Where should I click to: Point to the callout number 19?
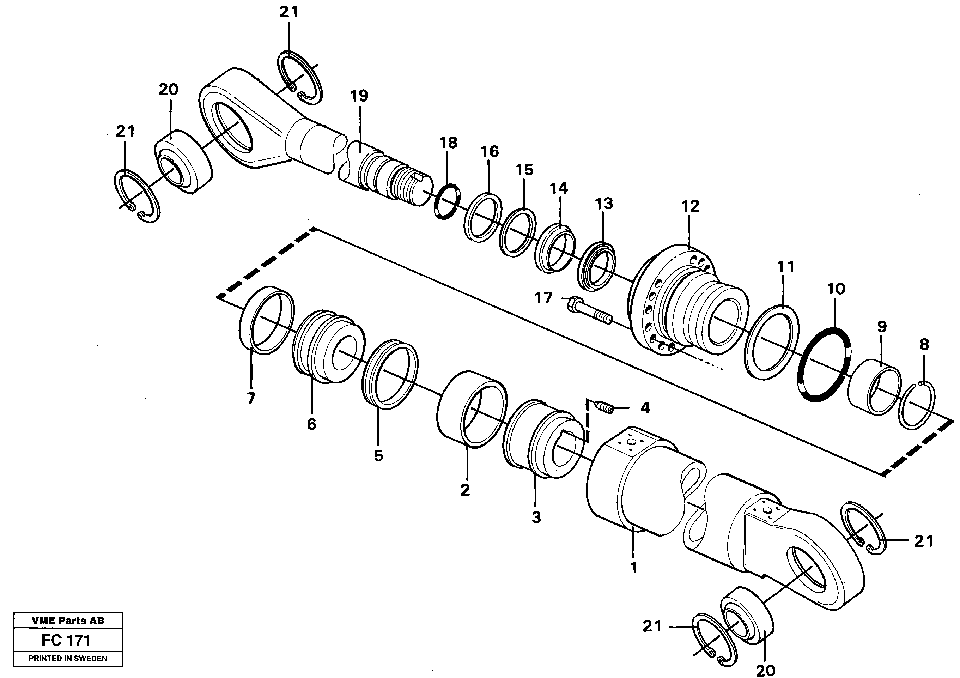pos(359,96)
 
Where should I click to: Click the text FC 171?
pos(66,640)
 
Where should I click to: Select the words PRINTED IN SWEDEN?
pos(68,658)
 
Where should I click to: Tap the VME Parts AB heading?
pos(68,620)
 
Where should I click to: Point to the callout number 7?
pos(250,399)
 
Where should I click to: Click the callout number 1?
pos(633,568)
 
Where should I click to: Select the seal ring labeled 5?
pos(390,374)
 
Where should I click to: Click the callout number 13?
pos(604,204)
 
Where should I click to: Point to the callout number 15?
pos(524,170)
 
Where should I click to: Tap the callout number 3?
pos(536,517)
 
